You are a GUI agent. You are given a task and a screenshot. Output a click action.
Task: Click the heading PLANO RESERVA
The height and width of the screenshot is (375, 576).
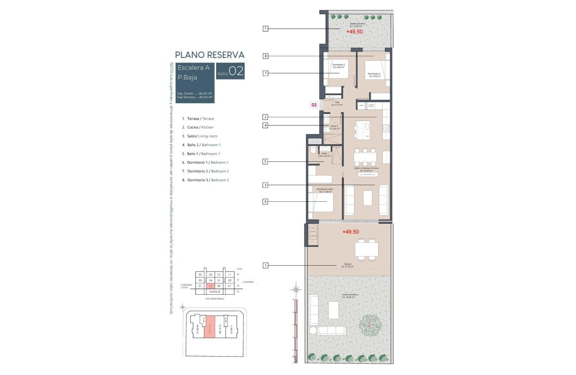pyautogui.click(x=209, y=55)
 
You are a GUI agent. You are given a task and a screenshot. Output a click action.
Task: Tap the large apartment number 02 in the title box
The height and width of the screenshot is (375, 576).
pyautogui.click(x=236, y=72)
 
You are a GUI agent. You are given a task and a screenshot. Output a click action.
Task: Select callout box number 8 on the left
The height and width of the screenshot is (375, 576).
pyautogui.click(x=265, y=56)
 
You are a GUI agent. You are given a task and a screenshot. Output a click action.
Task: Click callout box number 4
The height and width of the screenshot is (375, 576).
pyautogui.click(x=265, y=125)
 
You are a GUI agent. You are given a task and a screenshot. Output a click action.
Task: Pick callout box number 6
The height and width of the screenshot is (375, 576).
pyautogui.click(x=265, y=202)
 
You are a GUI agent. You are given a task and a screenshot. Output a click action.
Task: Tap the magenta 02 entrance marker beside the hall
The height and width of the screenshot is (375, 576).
pyautogui.click(x=314, y=105)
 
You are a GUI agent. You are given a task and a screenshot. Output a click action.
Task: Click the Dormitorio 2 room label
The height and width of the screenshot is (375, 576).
pyautogui.click(x=338, y=66)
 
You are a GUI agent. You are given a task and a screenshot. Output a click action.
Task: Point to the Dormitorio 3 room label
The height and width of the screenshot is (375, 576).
pyautogui.click(x=374, y=75)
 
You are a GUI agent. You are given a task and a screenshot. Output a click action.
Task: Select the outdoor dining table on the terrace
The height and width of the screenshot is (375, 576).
pyautogui.click(x=367, y=249)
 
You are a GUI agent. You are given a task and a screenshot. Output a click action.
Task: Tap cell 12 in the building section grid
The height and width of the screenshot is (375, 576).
pyautogui.click(x=218, y=275)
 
